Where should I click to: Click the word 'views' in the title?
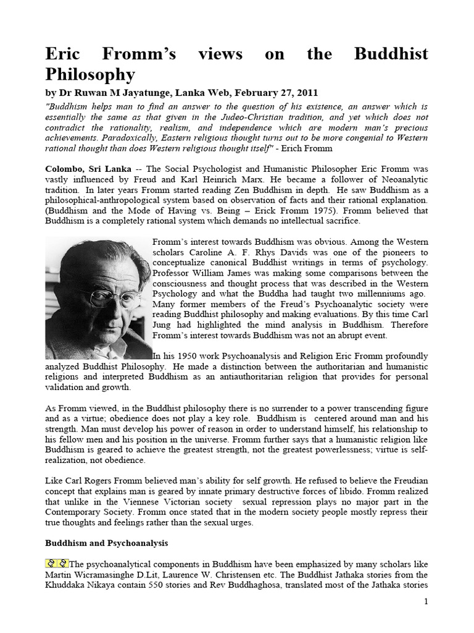point(221,54)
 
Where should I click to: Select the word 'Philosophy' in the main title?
point(90,75)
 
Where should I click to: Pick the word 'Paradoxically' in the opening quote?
point(133,138)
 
